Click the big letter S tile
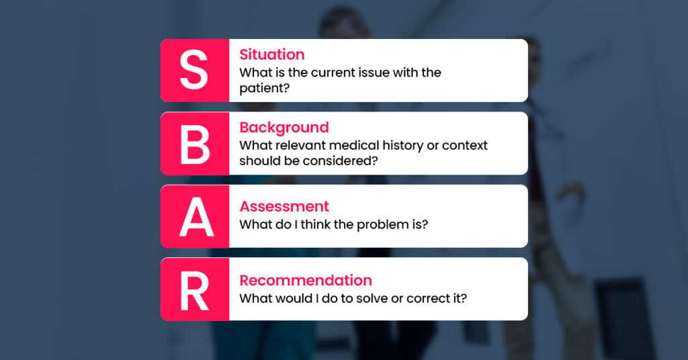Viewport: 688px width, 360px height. tap(194, 71)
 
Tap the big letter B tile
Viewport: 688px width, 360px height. tap(194, 144)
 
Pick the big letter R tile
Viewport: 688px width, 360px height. tap(195, 289)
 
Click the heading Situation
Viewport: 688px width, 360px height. tap(271, 54)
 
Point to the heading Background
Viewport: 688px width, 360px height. tap(284, 128)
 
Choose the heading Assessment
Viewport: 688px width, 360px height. tap(284, 206)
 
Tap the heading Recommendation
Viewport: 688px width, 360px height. tap(305, 280)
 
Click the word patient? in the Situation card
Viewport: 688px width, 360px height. tap(265, 88)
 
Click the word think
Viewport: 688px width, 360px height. tap(315, 224)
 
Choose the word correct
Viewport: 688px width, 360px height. tap(429, 298)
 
